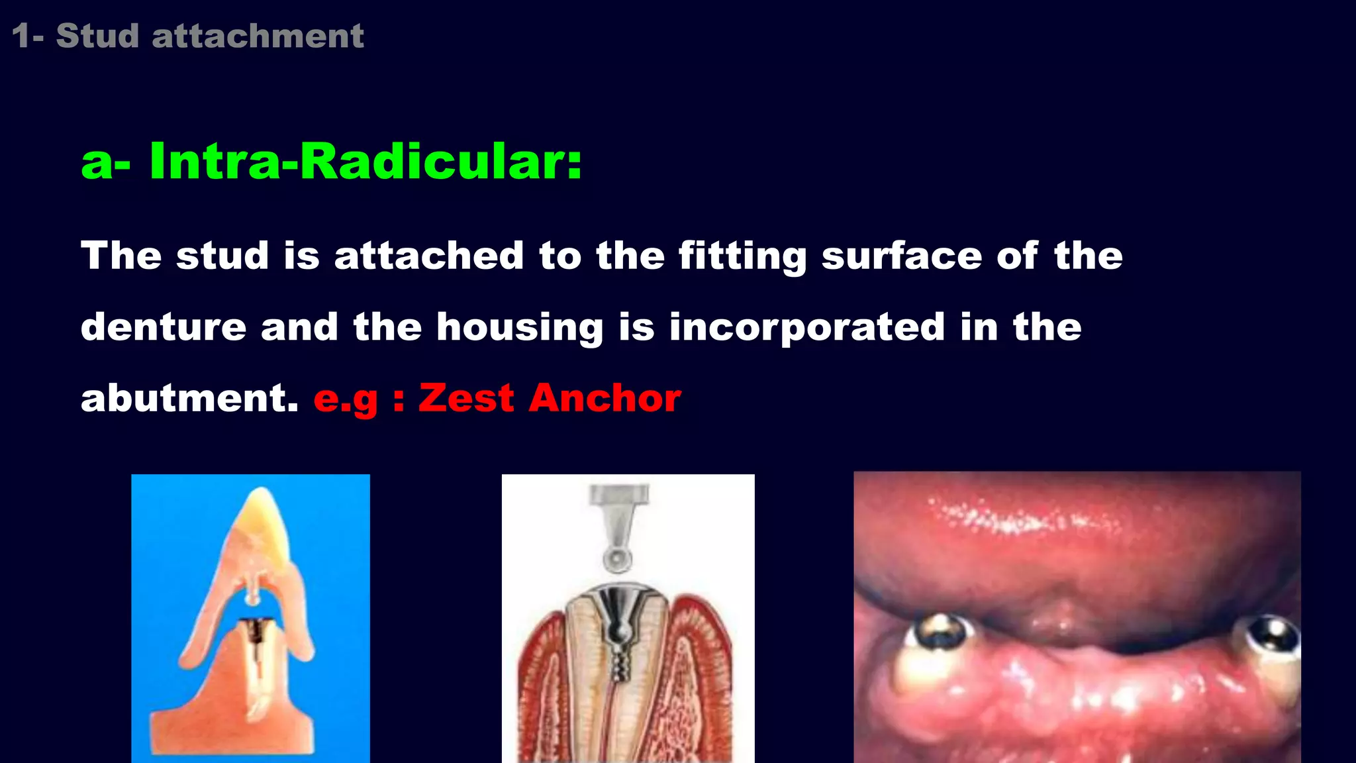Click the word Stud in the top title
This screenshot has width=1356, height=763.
point(97,36)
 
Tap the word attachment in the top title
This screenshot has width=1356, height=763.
point(258,36)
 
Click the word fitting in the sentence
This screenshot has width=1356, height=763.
point(742,256)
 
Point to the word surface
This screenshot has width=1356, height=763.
point(901,256)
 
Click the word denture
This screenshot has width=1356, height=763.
point(164,327)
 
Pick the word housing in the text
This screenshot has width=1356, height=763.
point(520,327)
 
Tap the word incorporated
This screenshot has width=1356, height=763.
point(806,327)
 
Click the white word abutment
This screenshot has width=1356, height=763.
point(189,398)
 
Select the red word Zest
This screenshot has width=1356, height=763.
point(466,398)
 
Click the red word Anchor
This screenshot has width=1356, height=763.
point(605,398)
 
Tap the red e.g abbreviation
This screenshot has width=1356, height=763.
point(346,399)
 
